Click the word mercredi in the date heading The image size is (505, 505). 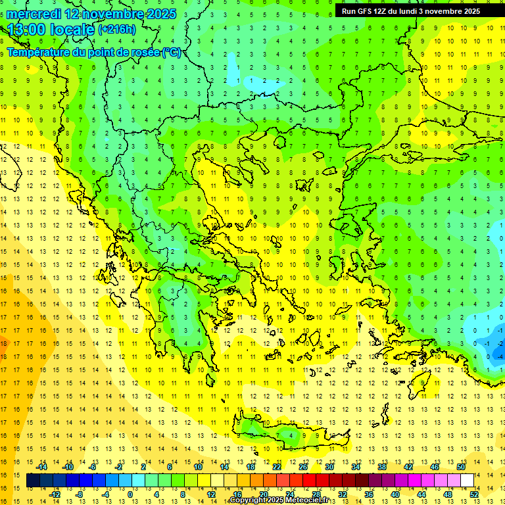coord(34,13)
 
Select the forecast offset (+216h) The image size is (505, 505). coord(117,29)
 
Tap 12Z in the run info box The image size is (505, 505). coord(381,11)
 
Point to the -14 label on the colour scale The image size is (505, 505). coord(41,467)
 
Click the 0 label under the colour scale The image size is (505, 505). coord(130,494)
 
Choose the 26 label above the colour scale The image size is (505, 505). coord(303,467)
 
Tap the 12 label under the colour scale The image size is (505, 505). coord(210,494)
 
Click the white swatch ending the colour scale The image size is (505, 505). coord(468,481)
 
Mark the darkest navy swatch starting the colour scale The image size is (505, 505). coord(33,481)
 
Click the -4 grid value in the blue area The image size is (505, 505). coord(500,356)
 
